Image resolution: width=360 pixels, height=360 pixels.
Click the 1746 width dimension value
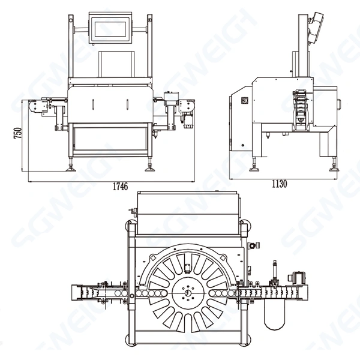click(x=120, y=186)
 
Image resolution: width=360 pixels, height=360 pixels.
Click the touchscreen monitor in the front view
click(x=110, y=27)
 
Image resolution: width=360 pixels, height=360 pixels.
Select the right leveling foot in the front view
click(x=148, y=167)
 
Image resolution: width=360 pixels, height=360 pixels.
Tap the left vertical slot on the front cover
click(x=94, y=104)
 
